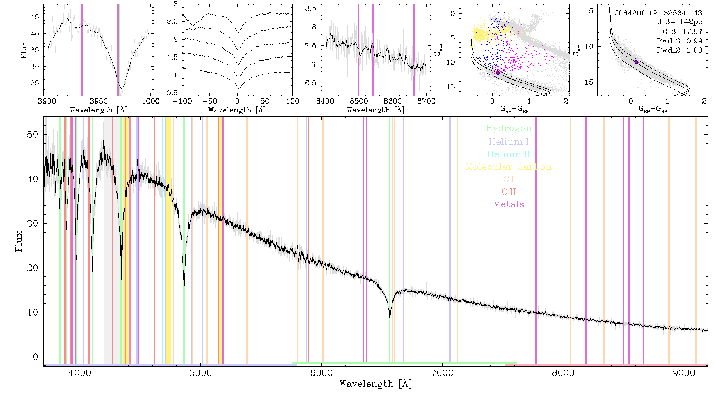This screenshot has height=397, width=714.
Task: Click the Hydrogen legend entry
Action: (508, 128)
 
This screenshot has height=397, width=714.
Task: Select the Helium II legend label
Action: (509, 154)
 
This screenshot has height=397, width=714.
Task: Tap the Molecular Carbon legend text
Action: (509, 167)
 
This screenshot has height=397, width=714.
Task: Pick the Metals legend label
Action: (509, 204)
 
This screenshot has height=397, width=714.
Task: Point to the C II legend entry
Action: (509, 192)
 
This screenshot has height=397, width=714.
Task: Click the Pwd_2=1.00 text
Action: (679, 50)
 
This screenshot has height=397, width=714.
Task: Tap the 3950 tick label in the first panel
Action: (98, 101)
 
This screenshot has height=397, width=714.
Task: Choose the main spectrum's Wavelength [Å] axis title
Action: (376, 384)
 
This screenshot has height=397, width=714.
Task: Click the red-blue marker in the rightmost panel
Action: (636, 62)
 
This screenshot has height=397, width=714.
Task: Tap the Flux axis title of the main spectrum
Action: (19, 241)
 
